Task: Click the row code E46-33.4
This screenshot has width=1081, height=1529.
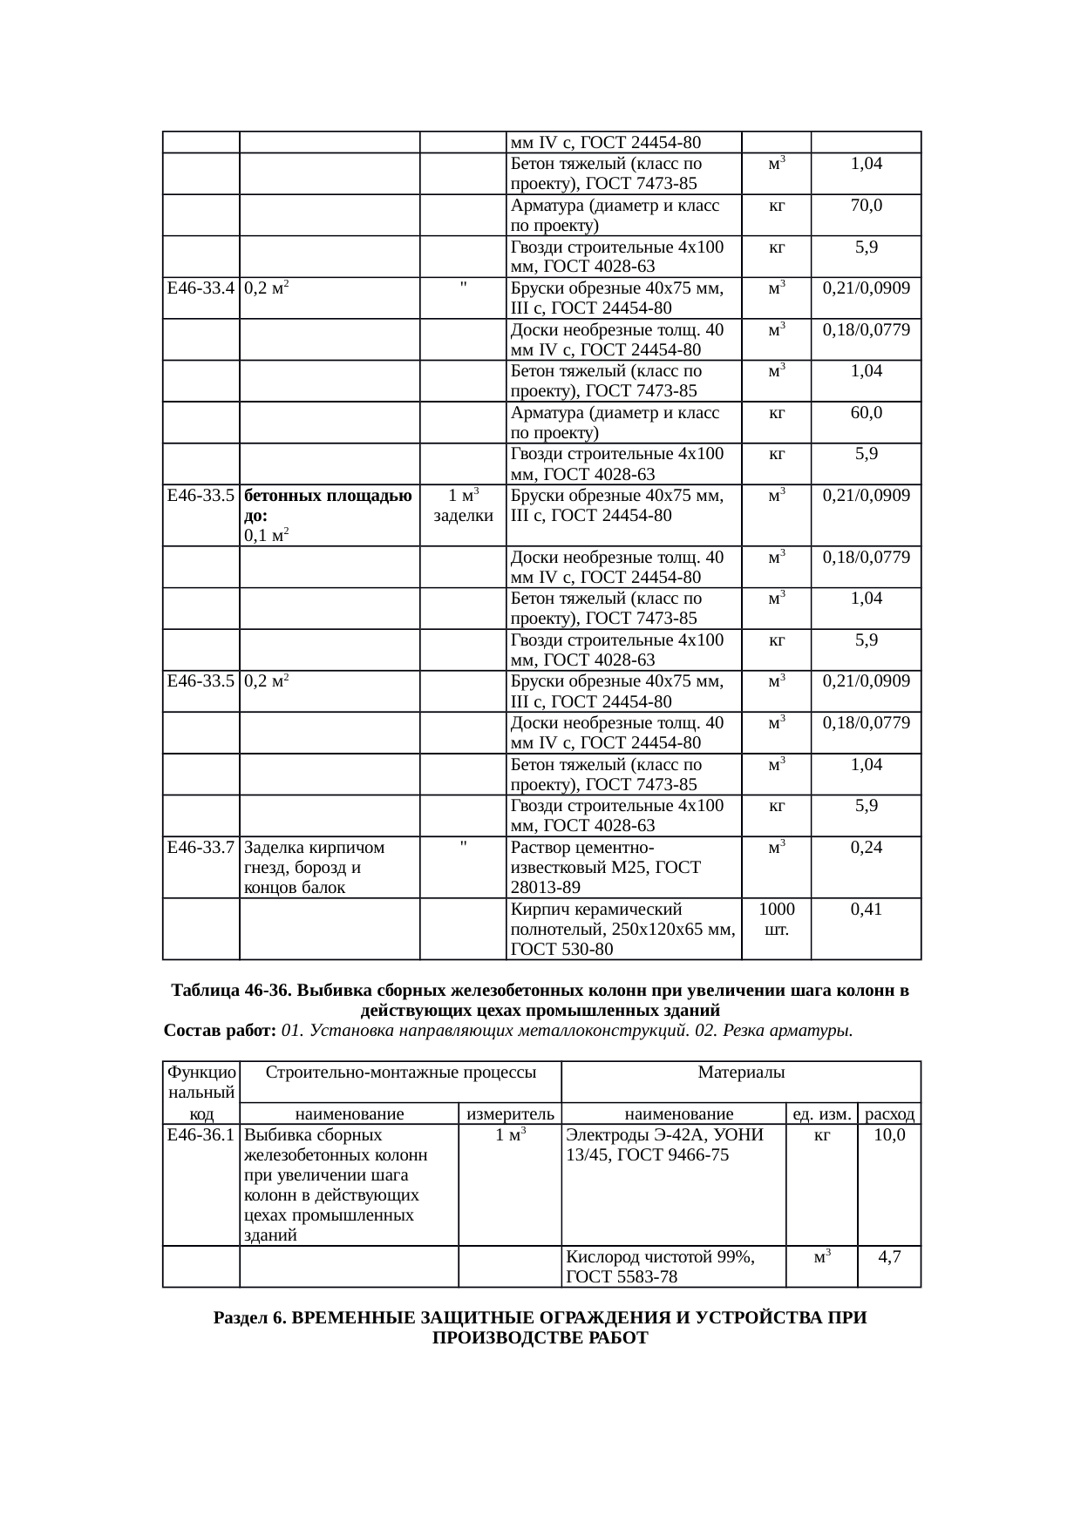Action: click(x=201, y=288)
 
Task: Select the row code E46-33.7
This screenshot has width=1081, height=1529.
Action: click(x=201, y=847)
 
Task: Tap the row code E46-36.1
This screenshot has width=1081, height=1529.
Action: click(x=201, y=1135)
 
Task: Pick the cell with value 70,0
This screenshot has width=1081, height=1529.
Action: click(x=866, y=206)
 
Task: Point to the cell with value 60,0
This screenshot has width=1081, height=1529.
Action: click(x=866, y=412)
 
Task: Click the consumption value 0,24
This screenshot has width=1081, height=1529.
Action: click(x=866, y=847)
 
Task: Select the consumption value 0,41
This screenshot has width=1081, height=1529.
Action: click(x=866, y=910)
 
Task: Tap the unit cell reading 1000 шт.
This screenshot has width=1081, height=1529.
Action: click(x=777, y=919)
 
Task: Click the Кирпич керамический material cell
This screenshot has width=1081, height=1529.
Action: click(x=622, y=929)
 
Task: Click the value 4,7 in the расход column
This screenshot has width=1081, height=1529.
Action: click(x=889, y=1256)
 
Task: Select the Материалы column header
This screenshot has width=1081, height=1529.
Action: click(x=741, y=1072)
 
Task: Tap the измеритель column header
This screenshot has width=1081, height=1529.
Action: click(x=510, y=1113)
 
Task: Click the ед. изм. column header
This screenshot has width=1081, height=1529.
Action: click(x=821, y=1113)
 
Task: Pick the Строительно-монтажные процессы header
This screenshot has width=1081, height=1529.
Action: click(x=400, y=1072)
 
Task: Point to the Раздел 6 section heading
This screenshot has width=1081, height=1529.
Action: click(x=540, y=1328)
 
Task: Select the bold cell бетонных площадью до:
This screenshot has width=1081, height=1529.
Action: click(x=328, y=505)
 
